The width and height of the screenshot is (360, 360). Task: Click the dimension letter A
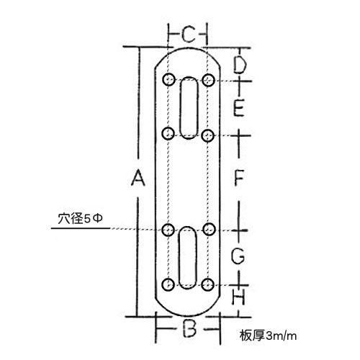coord(138,177)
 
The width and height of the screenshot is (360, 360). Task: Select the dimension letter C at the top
coord(188,35)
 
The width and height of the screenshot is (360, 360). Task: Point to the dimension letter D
coord(240,65)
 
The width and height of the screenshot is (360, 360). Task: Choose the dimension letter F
coord(239,177)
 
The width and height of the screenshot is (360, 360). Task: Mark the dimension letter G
coord(238,256)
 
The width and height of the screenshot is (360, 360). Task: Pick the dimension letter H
coord(238,297)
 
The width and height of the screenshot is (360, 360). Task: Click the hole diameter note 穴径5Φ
coord(81,219)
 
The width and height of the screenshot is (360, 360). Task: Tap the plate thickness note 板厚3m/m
coord(268,336)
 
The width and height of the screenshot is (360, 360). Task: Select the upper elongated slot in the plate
coord(189,108)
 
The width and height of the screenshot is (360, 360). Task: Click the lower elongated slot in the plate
coord(188,258)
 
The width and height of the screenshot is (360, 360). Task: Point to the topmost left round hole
coord(168,79)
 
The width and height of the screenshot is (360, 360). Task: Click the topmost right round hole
coord(208,80)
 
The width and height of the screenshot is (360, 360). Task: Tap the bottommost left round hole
coord(168,284)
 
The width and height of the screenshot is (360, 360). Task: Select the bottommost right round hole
coord(207,285)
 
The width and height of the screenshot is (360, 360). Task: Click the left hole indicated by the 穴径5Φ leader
coord(168,230)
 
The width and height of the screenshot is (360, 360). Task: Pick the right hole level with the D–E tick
coord(208,80)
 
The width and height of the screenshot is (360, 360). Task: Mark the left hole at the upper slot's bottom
coord(168,134)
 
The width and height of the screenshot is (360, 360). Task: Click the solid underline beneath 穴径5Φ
coord(81,228)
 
